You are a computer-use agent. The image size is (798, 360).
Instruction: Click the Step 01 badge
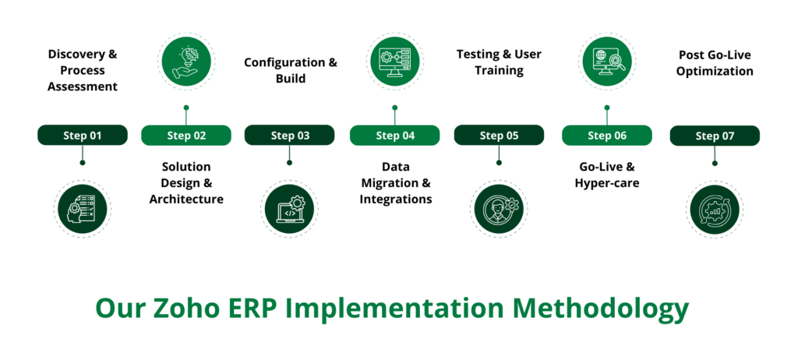(83, 136)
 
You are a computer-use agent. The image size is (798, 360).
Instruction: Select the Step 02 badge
(186, 136)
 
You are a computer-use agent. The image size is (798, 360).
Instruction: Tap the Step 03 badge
(290, 136)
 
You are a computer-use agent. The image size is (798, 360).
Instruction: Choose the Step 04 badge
(395, 136)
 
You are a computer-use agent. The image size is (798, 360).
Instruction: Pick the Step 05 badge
(499, 136)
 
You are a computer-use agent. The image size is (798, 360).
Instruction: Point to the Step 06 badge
(607, 136)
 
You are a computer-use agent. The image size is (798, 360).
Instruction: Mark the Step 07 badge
(715, 136)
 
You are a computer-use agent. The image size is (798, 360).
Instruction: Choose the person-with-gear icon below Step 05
(499, 209)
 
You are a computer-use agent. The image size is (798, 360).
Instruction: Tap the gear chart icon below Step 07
(715, 209)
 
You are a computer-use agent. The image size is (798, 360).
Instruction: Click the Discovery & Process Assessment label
(83, 70)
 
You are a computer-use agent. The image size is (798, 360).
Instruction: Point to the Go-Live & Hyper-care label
(607, 175)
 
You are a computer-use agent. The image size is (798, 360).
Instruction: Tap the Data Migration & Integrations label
(395, 183)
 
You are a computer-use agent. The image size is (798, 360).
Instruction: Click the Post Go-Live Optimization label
(715, 63)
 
